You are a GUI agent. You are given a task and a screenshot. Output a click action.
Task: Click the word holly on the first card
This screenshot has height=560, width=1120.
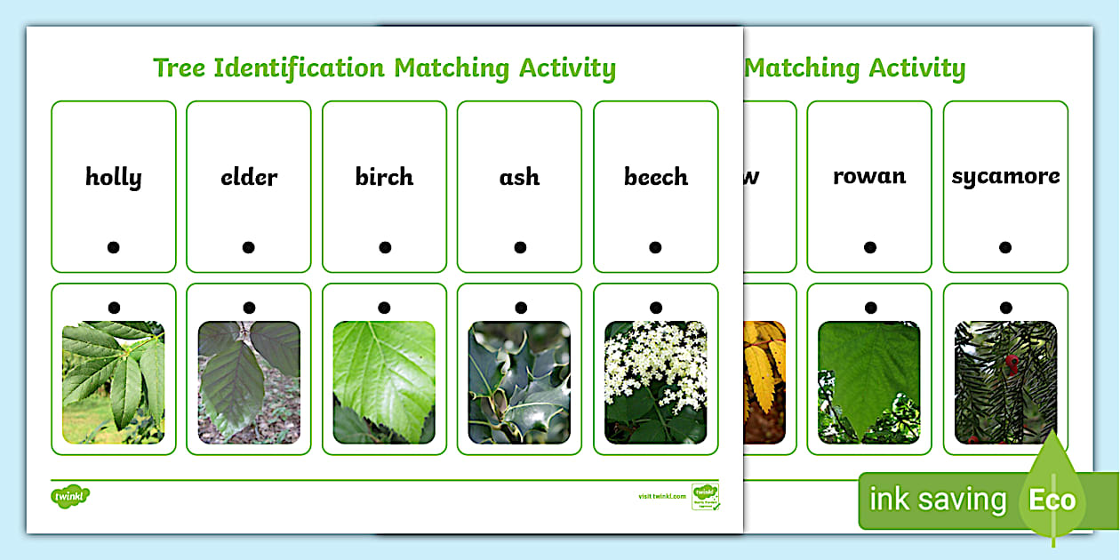click(114, 178)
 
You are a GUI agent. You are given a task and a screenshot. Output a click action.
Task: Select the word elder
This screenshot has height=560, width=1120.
click(249, 178)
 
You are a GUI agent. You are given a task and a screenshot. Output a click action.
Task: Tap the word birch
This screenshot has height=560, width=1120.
click(384, 177)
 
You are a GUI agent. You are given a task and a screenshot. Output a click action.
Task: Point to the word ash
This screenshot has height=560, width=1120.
click(519, 177)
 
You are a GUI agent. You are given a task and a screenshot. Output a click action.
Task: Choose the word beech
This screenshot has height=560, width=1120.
click(655, 177)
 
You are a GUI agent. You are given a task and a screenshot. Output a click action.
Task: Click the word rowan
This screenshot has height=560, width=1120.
click(869, 176)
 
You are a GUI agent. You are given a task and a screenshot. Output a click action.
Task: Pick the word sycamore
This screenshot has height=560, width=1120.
click(1005, 176)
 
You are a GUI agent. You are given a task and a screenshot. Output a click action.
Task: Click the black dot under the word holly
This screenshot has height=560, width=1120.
click(114, 247)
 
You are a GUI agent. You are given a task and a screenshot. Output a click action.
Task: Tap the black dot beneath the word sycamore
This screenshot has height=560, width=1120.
click(1005, 247)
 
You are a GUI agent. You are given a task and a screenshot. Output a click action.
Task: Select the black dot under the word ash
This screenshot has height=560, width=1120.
click(520, 247)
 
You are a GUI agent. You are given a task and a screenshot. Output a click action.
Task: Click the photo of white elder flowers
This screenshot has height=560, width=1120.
click(655, 382)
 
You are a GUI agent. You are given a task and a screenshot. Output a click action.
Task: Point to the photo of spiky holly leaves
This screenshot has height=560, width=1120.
click(519, 382)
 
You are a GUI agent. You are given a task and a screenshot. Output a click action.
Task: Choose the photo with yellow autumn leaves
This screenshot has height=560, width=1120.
click(764, 382)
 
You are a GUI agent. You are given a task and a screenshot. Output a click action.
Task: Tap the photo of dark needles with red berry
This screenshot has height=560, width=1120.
click(1005, 382)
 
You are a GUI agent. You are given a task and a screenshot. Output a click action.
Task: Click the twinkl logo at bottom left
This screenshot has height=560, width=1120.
click(70, 495)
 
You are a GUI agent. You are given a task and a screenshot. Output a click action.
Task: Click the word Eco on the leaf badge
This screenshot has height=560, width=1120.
click(1052, 500)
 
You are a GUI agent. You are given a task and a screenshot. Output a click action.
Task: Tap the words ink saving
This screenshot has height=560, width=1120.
click(938, 500)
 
